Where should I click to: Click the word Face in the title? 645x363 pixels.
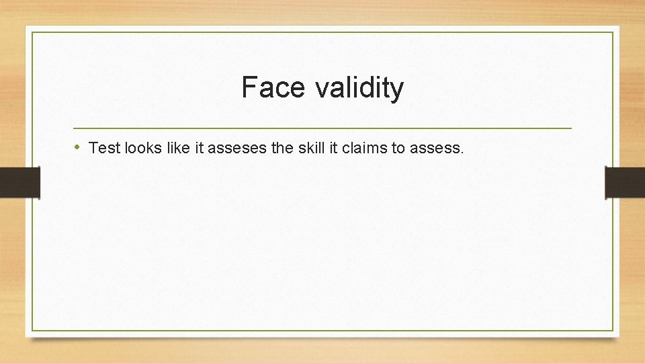pos(267,87)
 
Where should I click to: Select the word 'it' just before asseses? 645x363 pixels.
pos(200,148)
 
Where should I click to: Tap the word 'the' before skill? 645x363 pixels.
pos(282,148)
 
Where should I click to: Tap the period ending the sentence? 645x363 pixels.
pos(462,153)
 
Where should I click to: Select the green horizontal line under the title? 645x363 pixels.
pos(322,128)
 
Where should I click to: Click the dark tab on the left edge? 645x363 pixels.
pos(20,182)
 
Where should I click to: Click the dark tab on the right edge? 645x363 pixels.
pos(625,182)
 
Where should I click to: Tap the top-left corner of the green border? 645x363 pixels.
pos(32,32)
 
